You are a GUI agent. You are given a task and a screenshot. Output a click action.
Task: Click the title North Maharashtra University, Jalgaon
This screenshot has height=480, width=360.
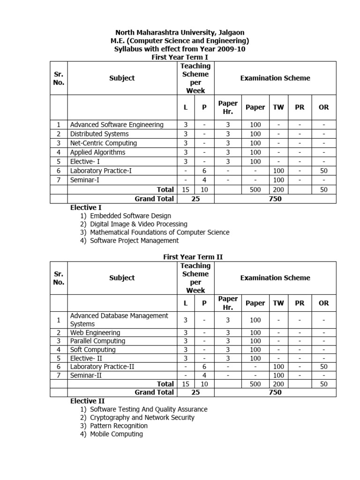coord(180,32)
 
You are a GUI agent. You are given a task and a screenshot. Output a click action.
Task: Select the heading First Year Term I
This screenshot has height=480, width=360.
coord(180,57)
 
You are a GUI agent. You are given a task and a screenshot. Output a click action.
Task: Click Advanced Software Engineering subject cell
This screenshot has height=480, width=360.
coord(117,125)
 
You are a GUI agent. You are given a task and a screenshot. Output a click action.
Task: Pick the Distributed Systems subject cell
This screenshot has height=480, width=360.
coord(99,134)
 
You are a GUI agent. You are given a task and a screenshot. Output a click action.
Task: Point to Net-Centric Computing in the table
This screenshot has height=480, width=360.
coord(103,143)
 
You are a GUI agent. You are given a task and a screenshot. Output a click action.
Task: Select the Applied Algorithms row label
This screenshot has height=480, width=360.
coord(97,152)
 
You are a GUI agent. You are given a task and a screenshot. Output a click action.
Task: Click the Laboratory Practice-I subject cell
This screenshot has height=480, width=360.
coord(101,171)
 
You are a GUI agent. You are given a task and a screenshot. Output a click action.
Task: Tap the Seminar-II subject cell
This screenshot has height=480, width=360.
coord(86,375)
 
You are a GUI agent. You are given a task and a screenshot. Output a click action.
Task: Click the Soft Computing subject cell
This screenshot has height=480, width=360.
coord(93,350)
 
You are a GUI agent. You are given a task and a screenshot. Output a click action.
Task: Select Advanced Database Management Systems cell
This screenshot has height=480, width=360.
coord(119,320)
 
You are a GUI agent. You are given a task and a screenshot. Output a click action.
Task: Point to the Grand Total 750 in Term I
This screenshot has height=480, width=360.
coord(275,199)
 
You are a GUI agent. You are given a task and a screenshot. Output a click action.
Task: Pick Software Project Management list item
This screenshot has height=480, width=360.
coord(134,240)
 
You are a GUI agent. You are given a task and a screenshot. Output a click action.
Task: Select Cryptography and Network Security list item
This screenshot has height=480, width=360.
coord(142,417)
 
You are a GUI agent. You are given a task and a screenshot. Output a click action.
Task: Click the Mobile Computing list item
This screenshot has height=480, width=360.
coord(116,434)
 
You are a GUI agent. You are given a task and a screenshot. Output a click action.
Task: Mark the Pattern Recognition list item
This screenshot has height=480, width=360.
coord(119,426)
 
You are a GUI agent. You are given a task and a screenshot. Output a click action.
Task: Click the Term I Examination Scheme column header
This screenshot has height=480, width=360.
coord(275,78)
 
